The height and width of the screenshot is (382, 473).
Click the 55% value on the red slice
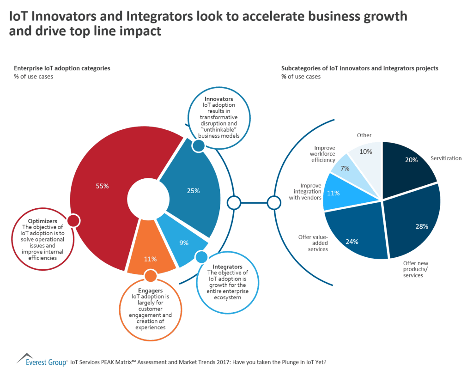coord(102,186)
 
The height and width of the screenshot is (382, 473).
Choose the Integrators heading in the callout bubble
coord(227,267)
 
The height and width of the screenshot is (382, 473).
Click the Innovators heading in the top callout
coord(218,99)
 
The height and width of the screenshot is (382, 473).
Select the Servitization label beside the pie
coord(446,158)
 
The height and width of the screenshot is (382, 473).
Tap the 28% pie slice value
coord(421,226)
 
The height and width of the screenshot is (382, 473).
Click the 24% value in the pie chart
coord(352,241)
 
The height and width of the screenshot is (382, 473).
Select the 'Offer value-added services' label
coord(313,243)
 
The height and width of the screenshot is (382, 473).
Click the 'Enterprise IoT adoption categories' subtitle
coord(62,68)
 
